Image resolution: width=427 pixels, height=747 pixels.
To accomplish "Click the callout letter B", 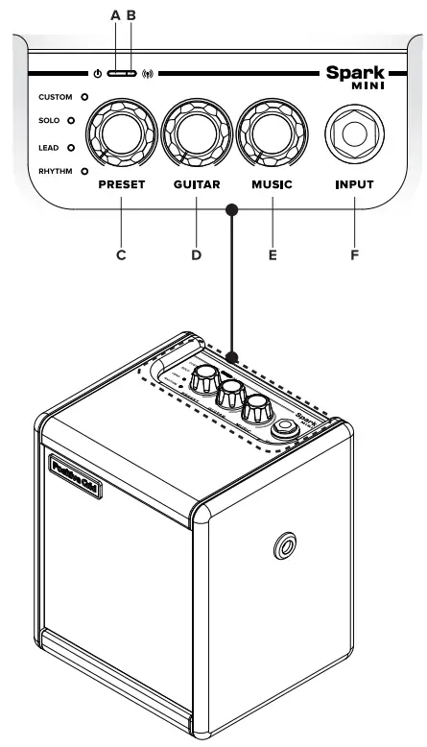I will click(x=131, y=15).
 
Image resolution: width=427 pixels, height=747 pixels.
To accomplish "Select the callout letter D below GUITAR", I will click(x=196, y=254).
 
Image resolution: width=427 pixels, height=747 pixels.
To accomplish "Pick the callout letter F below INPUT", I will click(x=353, y=254).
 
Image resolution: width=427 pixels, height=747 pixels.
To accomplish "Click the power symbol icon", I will click(x=100, y=74).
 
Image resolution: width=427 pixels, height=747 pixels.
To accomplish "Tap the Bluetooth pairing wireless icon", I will click(x=148, y=74).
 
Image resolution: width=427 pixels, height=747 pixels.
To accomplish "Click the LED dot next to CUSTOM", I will click(x=83, y=97).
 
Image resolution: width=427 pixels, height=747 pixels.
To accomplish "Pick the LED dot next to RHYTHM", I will click(x=83, y=170).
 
